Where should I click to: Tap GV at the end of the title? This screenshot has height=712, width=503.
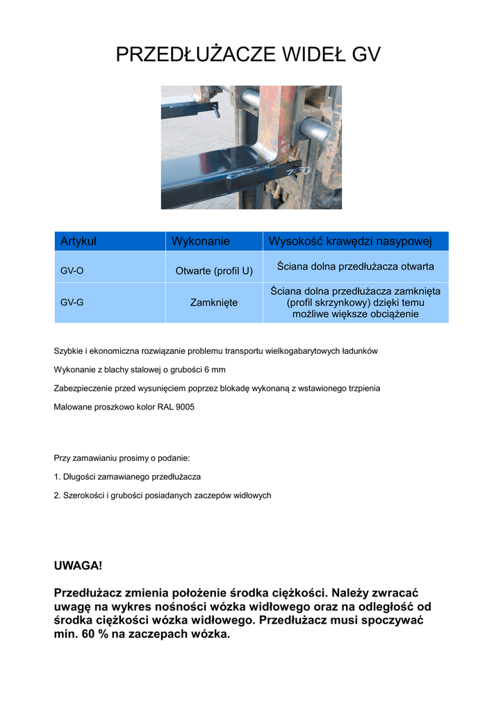366,55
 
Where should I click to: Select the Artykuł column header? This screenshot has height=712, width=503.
78,241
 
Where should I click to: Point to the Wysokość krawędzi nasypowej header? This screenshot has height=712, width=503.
350,241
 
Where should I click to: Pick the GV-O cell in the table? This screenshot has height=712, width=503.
72,270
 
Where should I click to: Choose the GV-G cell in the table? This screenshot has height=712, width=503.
72,302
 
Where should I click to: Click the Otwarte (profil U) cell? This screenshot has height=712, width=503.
214,270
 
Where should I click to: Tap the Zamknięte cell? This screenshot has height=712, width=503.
214,302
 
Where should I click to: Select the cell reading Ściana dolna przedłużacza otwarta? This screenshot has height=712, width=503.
355,266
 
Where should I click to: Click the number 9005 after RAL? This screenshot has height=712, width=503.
184,406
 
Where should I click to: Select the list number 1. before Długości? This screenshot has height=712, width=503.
57,477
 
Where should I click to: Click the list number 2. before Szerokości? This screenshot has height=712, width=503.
57,495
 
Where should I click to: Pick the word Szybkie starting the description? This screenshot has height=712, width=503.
69,351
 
